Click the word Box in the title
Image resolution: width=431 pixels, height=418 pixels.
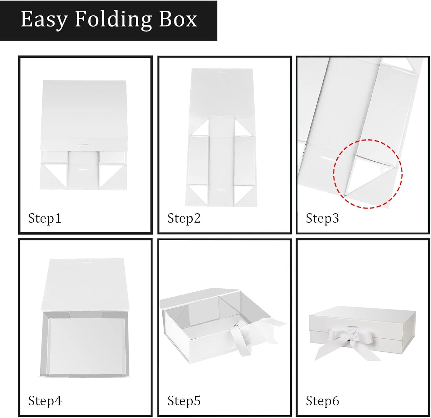(x=178, y=19)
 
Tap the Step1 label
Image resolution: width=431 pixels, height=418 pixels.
(x=44, y=219)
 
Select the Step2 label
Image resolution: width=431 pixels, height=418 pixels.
(x=184, y=219)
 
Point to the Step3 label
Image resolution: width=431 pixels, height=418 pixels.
(x=322, y=219)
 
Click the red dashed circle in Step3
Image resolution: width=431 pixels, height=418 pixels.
(x=333, y=174)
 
